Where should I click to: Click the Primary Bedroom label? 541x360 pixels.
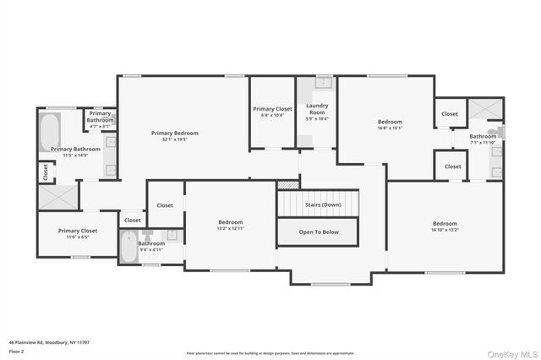click(x=175, y=133)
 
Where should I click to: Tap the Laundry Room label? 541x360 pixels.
click(x=317, y=110)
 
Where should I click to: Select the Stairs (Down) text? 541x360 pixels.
click(x=320, y=205)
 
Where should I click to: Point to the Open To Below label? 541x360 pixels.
click(x=320, y=231)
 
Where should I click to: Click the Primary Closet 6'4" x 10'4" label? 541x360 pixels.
click(x=272, y=109)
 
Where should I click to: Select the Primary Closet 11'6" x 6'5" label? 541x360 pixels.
click(x=78, y=231)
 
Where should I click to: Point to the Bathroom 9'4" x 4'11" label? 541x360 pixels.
click(x=151, y=243)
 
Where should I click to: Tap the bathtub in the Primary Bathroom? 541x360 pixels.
click(x=48, y=133)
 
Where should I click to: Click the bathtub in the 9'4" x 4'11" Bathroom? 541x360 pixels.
click(x=128, y=248)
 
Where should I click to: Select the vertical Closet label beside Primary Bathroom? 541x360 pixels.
click(x=43, y=172)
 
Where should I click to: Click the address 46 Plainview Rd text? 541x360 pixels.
click(x=49, y=342)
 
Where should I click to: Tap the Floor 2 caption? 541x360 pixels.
click(x=16, y=351)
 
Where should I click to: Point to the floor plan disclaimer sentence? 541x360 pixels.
click(x=270, y=353)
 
